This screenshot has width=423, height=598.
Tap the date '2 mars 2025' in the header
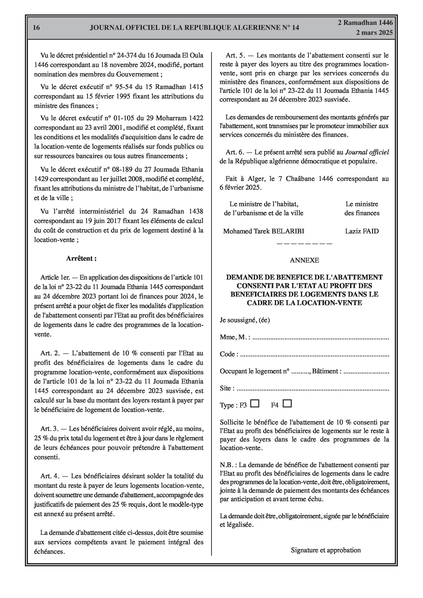tap(374, 33)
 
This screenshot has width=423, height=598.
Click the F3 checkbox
tap(255, 403)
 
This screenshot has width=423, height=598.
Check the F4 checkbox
tap(287, 403)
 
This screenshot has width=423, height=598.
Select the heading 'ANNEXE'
tap(304, 260)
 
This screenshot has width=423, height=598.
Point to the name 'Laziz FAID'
tap(362, 231)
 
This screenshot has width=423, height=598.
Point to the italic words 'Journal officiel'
tap(367, 152)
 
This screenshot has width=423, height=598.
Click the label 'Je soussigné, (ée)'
tap(245, 320)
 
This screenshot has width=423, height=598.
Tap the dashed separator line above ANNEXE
tap(304, 244)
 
